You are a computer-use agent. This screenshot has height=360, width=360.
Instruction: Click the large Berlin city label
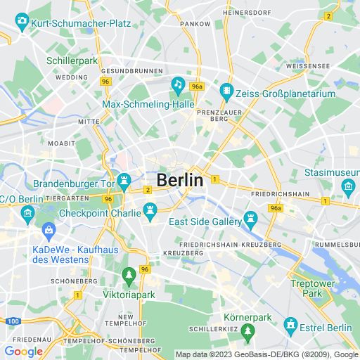click(x=180, y=180)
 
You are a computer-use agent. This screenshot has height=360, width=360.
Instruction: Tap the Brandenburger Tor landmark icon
click(x=124, y=181)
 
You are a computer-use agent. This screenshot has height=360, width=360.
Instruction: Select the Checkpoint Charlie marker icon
click(x=149, y=210)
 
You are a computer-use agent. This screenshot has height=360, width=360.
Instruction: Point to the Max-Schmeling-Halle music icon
click(x=179, y=86)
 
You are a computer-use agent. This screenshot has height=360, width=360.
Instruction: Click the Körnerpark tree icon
click(x=247, y=330)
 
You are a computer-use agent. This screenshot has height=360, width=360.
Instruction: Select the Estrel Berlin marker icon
click(x=290, y=324)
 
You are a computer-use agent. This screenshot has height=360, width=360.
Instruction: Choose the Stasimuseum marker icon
click(x=347, y=186)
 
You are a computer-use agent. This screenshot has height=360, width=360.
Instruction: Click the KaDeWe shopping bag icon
click(x=49, y=229)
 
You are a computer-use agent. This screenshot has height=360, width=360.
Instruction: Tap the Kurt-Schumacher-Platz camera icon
click(x=21, y=23)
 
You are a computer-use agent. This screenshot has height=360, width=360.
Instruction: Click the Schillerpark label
click(x=71, y=61)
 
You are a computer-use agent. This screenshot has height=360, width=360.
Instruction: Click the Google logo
click(x=23, y=351)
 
